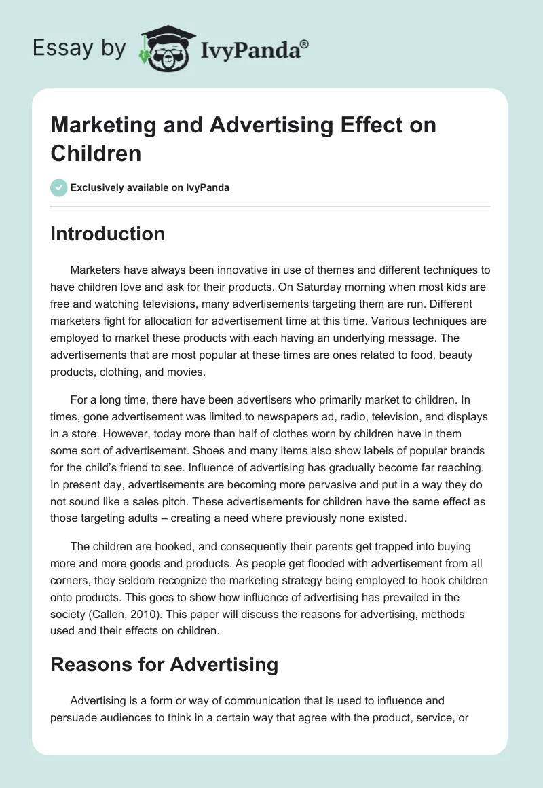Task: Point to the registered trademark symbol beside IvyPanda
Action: click(305, 43)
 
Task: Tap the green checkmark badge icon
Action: click(59, 187)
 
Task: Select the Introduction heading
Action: click(107, 234)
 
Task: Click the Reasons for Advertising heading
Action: click(164, 665)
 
